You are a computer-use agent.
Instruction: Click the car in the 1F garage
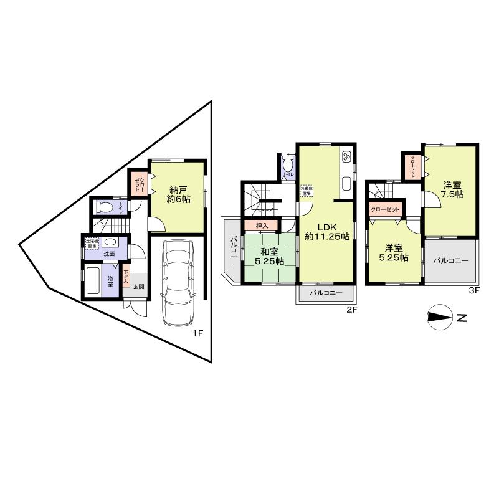tap(178, 281)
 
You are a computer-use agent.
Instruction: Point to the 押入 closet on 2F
tap(262, 226)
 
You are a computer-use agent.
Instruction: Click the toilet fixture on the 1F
tap(106, 207)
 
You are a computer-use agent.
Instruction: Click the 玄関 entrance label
tap(138, 287)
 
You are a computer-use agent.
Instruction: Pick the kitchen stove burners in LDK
tap(347, 156)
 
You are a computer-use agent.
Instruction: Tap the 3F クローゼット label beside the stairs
tap(385, 210)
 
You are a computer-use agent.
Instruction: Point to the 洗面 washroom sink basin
tap(110, 242)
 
